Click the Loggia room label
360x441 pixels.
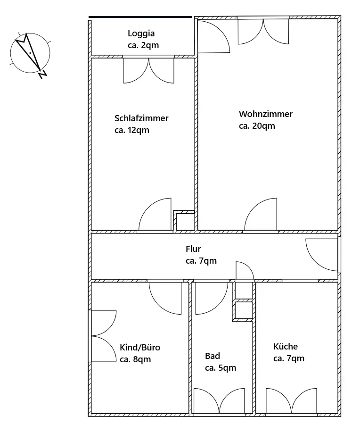(x=141, y=34)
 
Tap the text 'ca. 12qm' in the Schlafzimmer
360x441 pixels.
(x=132, y=130)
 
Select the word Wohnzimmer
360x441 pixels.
(x=266, y=114)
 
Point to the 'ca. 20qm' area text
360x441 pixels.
(x=257, y=126)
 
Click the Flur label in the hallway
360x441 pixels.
(x=193, y=249)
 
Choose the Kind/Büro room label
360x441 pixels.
(x=140, y=347)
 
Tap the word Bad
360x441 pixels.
(x=213, y=356)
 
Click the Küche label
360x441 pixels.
(x=286, y=346)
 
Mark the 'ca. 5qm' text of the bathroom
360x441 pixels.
(x=221, y=368)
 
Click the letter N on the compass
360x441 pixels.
(x=43, y=74)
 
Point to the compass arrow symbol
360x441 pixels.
(x=28, y=51)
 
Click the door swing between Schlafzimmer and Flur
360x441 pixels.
(x=155, y=214)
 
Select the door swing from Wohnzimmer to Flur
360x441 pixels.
(x=261, y=214)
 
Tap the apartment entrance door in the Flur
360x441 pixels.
(x=322, y=255)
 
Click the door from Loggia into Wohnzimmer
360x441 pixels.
(x=214, y=37)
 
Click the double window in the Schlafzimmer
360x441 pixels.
(x=149, y=71)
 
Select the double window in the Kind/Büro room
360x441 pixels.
(x=104, y=336)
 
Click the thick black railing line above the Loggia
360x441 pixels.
(x=140, y=17)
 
